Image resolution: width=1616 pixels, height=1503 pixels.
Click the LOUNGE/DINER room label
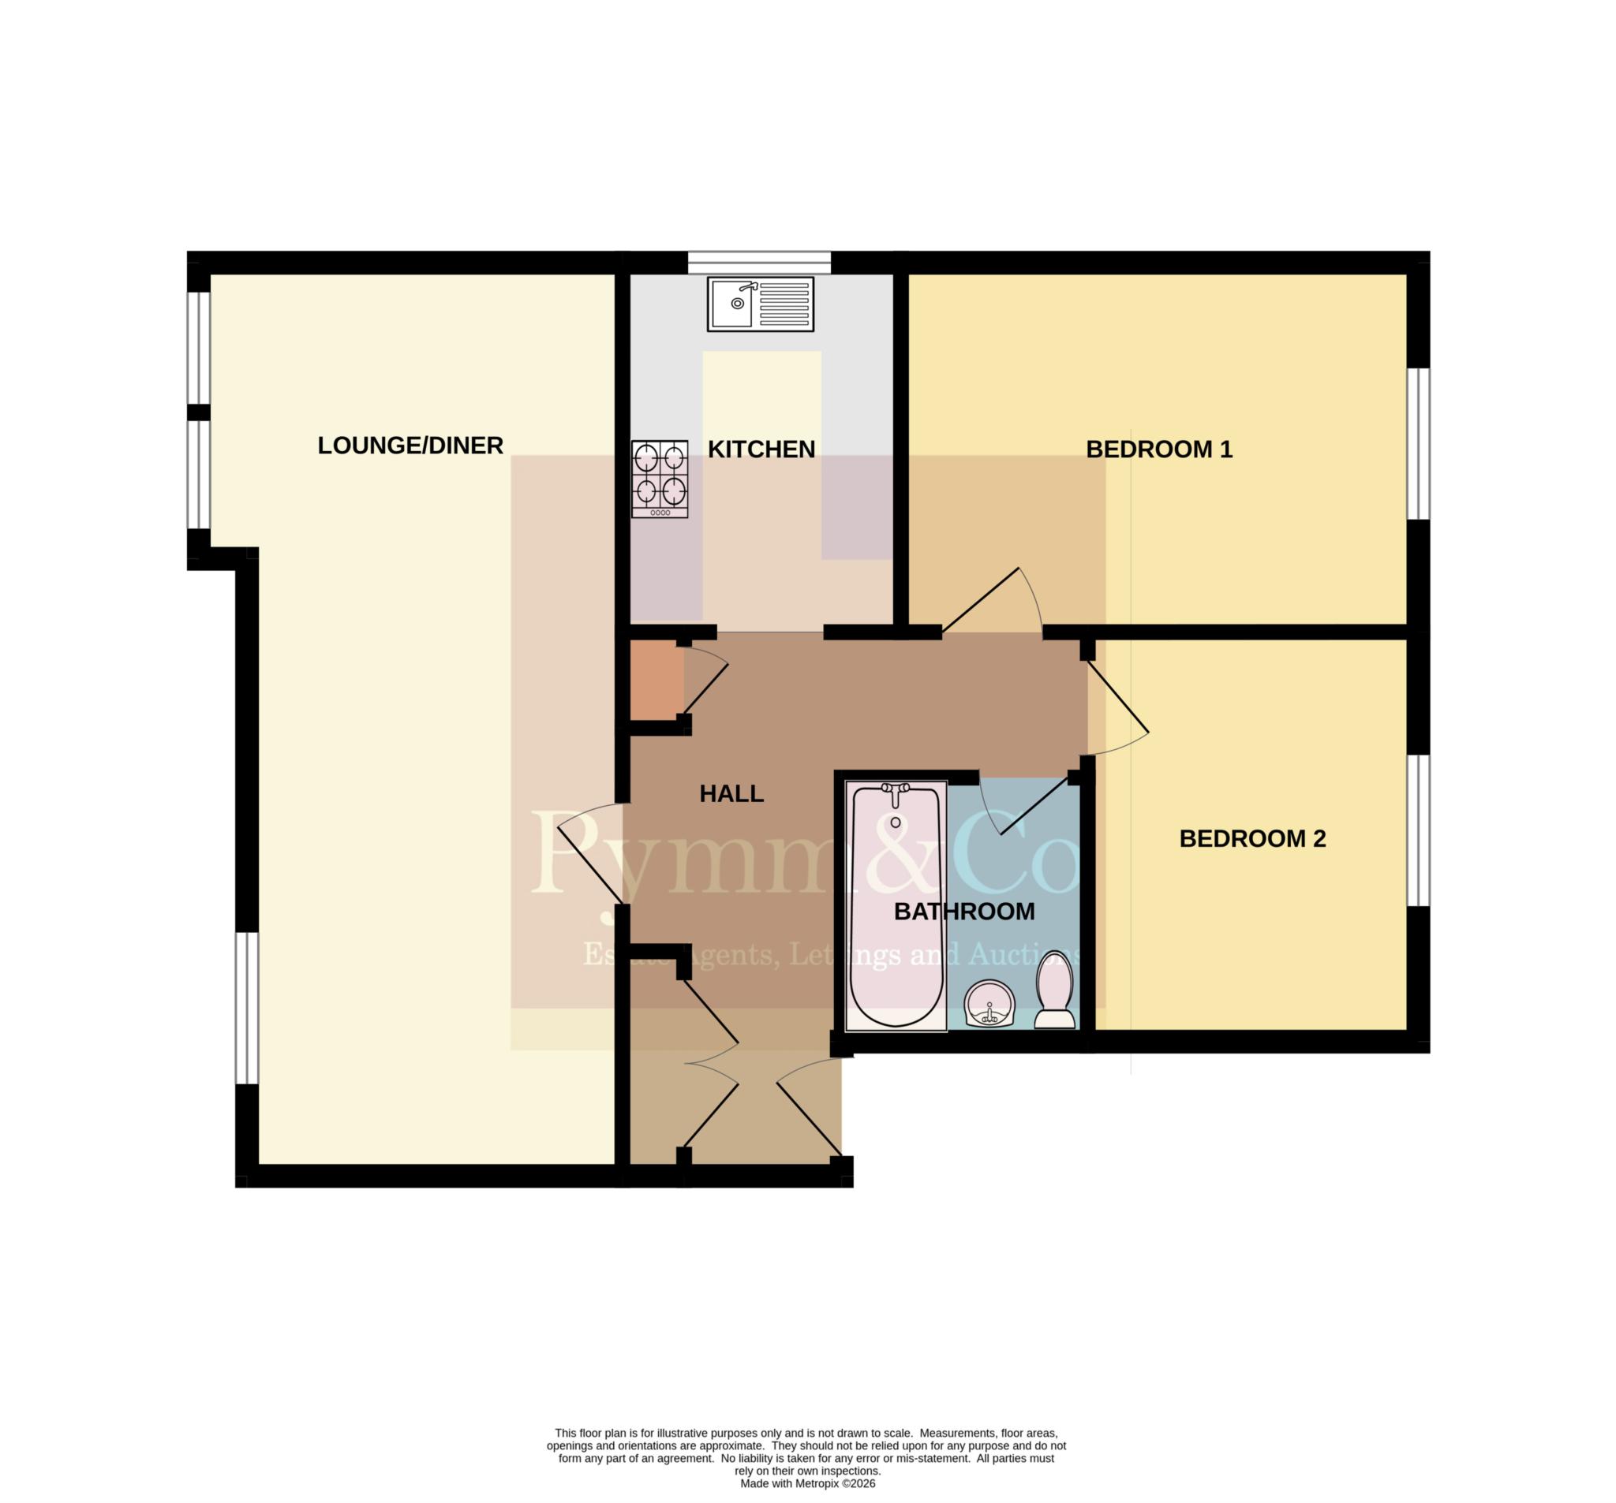[x=410, y=446]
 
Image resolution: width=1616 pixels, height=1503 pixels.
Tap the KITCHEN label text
[x=761, y=449]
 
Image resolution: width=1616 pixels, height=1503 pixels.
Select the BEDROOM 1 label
[x=1159, y=449]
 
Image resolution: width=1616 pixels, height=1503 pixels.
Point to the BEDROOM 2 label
[x=1253, y=838]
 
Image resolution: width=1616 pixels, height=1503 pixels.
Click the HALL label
[x=731, y=794]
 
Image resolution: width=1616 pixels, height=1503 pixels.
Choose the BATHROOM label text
[x=964, y=912]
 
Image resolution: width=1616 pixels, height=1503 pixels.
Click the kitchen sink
[x=760, y=304]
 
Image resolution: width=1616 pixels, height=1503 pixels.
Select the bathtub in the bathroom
[x=896, y=906]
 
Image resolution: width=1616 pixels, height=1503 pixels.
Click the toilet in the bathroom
[x=1054, y=990]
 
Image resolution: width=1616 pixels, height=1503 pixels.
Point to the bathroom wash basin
[x=989, y=1004]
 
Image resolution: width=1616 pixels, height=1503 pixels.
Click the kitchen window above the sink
[x=759, y=263]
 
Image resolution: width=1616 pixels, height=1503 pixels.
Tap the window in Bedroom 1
[x=1419, y=444]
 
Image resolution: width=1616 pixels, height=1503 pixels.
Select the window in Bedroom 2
[x=1419, y=830]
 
